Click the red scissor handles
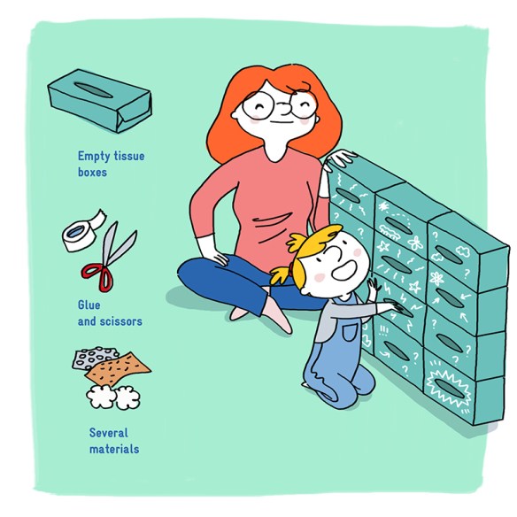(98, 276)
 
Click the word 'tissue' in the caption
(129, 156)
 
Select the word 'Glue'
(89, 305)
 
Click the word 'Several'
(109, 433)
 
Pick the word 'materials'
(114, 449)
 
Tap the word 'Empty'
(94, 157)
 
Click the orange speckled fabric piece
(118, 368)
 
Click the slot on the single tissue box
(94, 89)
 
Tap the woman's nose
(286, 106)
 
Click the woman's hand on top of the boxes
(340, 159)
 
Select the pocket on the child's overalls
(350, 332)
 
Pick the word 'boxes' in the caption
(92, 172)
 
